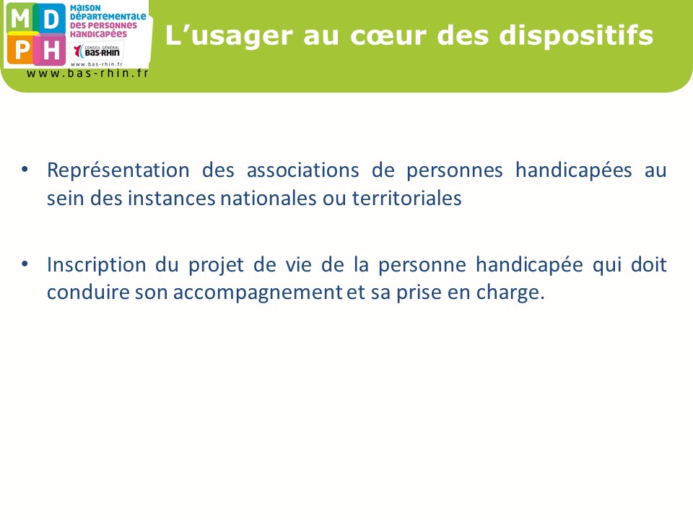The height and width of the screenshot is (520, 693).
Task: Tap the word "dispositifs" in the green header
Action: (576, 35)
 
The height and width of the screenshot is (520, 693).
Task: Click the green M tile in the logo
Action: (20, 19)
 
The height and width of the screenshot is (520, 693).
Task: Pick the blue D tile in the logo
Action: (51, 19)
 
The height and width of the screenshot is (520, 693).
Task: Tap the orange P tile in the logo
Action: (20, 49)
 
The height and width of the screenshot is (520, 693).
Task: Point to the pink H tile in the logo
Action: (51, 49)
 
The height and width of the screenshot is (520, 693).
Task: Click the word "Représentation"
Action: (118, 171)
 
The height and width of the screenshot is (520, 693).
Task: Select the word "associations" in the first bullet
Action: (302, 170)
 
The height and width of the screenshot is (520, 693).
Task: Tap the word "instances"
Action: (172, 198)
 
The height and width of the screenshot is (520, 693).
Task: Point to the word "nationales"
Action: (269, 198)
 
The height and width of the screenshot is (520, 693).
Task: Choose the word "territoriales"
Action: (406, 198)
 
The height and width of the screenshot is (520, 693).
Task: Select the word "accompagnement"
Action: (258, 293)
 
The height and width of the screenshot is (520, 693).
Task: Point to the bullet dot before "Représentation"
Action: (25, 169)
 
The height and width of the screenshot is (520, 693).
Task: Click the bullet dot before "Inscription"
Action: (25, 264)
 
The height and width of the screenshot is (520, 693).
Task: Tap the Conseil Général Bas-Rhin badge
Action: (97, 51)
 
